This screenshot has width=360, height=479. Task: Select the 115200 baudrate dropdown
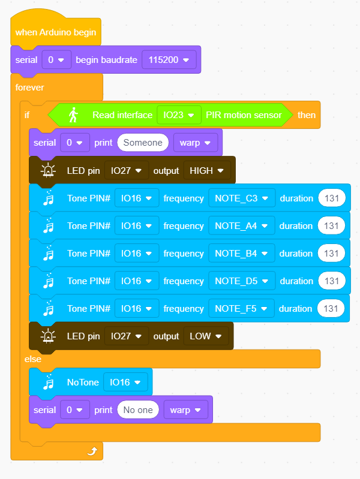tap(169, 59)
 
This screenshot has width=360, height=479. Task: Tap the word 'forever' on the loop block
tap(29, 88)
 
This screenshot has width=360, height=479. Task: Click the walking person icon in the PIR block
tap(73, 115)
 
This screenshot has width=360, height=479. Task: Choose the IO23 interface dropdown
tap(179, 115)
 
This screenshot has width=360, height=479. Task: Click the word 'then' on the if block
tap(307, 115)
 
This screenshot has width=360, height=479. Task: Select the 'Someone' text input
tap(143, 143)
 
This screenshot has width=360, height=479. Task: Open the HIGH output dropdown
tap(207, 170)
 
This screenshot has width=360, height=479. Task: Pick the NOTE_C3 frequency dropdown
tap(242, 198)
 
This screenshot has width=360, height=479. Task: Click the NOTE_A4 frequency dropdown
tap(241, 226)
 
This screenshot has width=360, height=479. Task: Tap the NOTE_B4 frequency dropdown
tap(241, 253)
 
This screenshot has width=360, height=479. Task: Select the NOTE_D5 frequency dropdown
tap(242, 281)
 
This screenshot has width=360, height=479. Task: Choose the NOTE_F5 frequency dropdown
tap(241, 309)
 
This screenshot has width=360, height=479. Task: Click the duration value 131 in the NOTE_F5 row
tap(331, 309)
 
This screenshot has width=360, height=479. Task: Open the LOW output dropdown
tap(206, 336)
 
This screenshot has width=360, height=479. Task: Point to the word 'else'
tap(33, 359)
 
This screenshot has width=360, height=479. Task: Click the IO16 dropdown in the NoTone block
tap(125, 382)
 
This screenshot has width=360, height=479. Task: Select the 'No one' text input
tap(138, 409)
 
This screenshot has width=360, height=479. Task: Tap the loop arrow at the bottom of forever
tap(92, 451)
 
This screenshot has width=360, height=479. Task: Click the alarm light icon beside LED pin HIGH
tap(48, 170)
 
